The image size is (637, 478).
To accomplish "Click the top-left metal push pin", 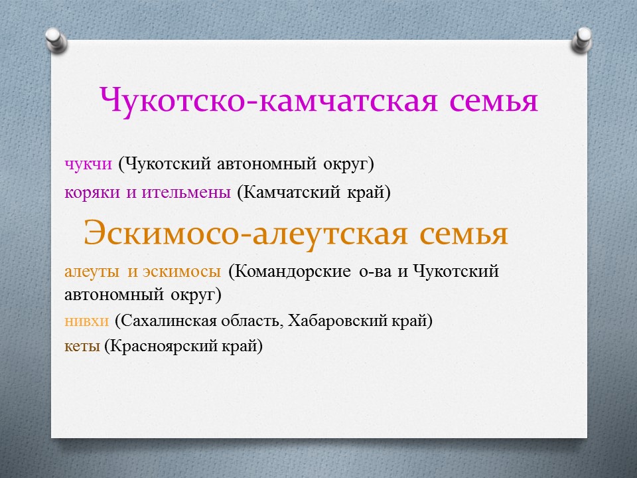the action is [x=56, y=40].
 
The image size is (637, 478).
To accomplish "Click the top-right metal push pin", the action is [x=582, y=40].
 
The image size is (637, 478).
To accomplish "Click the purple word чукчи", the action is [x=88, y=164].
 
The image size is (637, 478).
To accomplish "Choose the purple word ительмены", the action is [x=186, y=193].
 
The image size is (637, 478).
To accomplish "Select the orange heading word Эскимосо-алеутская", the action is [x=246, y=234].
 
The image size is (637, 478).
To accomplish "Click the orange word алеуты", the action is [x=92, y=272].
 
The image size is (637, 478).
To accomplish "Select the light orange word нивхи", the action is [x=86, y=321].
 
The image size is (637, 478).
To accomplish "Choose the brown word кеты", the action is [x=82, y=347].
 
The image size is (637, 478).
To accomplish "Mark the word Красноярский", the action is [x=163, y=347].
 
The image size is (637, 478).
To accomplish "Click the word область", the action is [x=252, y=321].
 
